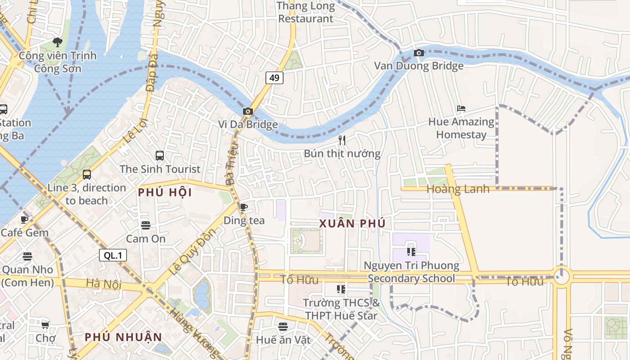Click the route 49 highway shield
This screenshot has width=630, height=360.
coord(274,78)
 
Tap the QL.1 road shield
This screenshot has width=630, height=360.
coord(113,256)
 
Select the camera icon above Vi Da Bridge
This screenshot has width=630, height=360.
coord(247,111)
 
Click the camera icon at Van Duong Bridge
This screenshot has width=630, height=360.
coord(419,53)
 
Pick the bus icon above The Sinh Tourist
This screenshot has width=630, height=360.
coord(160,156)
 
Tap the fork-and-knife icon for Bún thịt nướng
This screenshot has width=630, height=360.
coord(342,140)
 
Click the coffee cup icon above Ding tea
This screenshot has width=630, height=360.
coord(244,207)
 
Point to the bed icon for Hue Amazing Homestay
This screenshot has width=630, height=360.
coord(461,108)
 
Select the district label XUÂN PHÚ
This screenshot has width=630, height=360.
coord(352,224)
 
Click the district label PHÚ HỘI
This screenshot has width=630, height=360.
coord(165,193)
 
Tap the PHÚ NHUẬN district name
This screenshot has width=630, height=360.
coord(123,337)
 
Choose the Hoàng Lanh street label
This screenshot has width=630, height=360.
coord(458,189)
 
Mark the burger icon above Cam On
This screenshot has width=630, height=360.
coord(145,225)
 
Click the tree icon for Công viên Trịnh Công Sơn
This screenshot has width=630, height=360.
coord(57,42)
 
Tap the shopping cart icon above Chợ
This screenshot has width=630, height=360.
coord(45,324)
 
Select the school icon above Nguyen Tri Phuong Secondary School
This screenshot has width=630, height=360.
coord(411,252)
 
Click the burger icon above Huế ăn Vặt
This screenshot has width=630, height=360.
coord(283,326)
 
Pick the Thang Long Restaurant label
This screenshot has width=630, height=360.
coord(306,12)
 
